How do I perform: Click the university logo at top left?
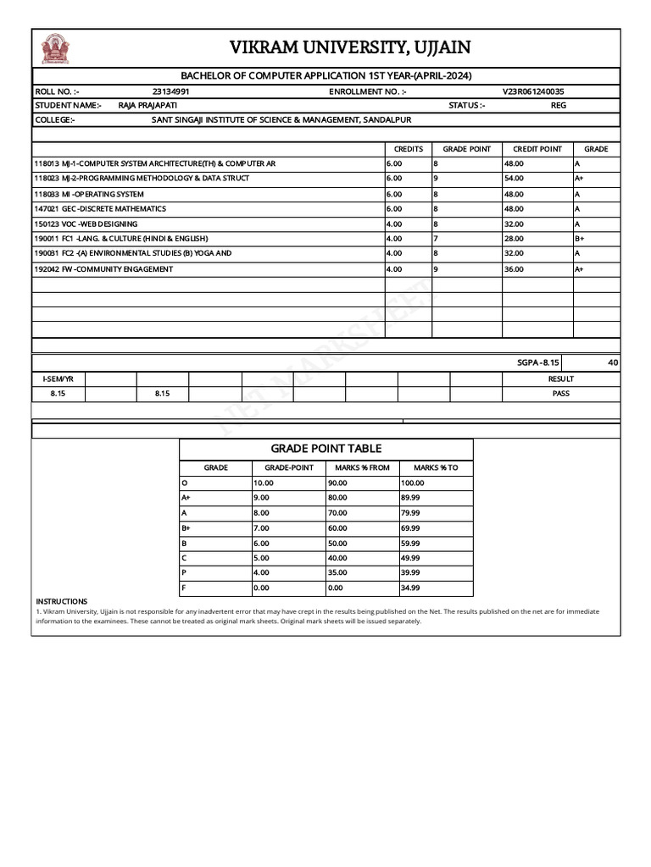click(56, 48)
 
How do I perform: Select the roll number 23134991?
click(170, 91)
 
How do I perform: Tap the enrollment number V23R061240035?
click(533, 91)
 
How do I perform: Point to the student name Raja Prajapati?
click(142, 105)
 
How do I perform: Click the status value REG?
click(558, 105)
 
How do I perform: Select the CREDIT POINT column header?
click(537, 149)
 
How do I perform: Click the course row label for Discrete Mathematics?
click(100, 208)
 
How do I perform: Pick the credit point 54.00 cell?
click(514, 179)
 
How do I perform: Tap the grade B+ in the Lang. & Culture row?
click(580, 239)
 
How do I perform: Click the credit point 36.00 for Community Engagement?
click(514, 269)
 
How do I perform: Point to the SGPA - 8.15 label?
click(537, 362)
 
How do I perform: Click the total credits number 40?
click(613, 362)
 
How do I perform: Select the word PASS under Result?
click(560, 394)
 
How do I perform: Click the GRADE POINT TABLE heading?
click(325, 449)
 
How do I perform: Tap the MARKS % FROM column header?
click(362, 467)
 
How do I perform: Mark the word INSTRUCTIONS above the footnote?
click(61, 601)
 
